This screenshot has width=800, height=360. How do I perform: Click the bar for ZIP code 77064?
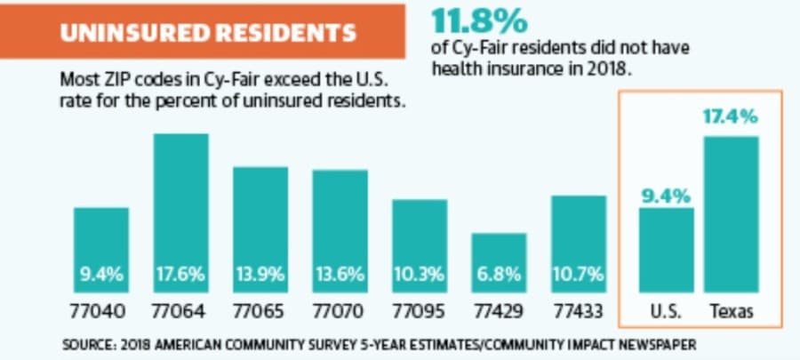tap(181, 213)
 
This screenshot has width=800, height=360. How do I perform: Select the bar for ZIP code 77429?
tap(499, 263)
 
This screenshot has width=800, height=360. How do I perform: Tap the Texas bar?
tap(732, 215)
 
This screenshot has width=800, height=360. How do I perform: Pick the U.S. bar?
tap(667, 251)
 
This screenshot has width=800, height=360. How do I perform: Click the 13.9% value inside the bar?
tap(260, 275)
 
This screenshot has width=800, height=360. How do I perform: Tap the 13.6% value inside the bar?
tap(340, 275)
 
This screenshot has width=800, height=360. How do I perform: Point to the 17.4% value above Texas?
tap(731, 116)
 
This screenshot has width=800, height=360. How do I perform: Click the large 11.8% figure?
tap(478, 21)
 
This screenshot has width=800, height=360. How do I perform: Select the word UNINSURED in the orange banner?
tap(130, 33)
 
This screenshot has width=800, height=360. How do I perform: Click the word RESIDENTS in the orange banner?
tap(280, 33)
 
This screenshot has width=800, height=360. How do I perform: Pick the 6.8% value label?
tap(500, 275)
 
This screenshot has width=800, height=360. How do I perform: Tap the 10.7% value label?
tap(578, 275)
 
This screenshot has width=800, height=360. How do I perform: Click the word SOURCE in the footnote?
tap(88, 345)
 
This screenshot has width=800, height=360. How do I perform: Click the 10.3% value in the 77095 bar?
tap(420, 275)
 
